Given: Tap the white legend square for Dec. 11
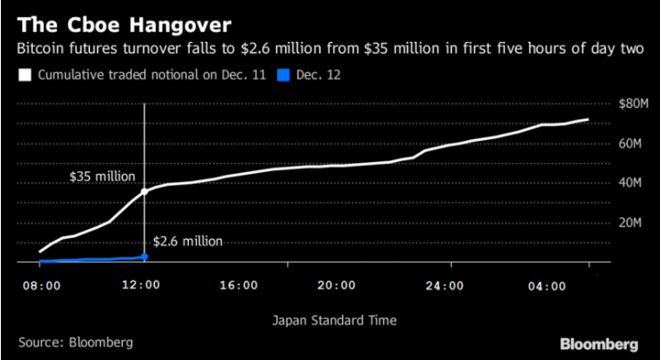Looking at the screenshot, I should (x=24, y=75).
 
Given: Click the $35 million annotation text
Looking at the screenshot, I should (x=102, y=176).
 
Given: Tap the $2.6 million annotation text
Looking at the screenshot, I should (x=187, y=241).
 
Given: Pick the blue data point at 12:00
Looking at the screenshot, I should (x=144, y=257).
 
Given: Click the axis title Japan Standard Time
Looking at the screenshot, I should (x=330, y=319).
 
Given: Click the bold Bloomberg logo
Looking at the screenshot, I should (x=599, y=343).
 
